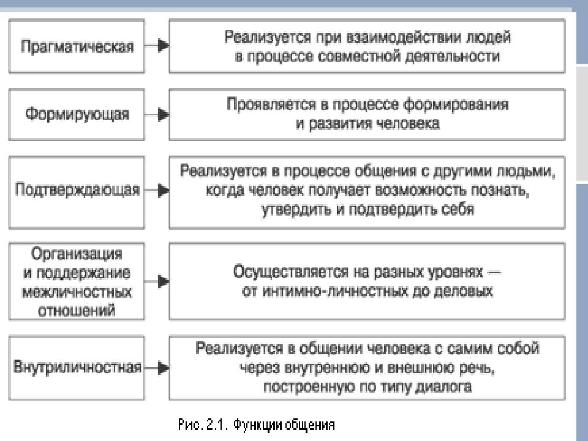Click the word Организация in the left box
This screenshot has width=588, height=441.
[77, 254]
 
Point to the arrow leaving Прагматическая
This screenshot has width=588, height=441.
[157, 45]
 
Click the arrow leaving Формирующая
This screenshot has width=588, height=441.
[157, 115]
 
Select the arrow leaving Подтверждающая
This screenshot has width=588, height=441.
[157, 190]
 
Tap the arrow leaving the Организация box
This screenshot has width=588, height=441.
[157, 281]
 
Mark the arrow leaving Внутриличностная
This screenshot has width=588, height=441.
[157, 367]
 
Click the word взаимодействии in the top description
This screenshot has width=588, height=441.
[403, 37]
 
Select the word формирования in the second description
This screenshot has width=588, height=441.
[456, 105]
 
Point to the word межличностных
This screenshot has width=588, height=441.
[77, 292]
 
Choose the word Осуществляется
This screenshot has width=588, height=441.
[290, 272]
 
